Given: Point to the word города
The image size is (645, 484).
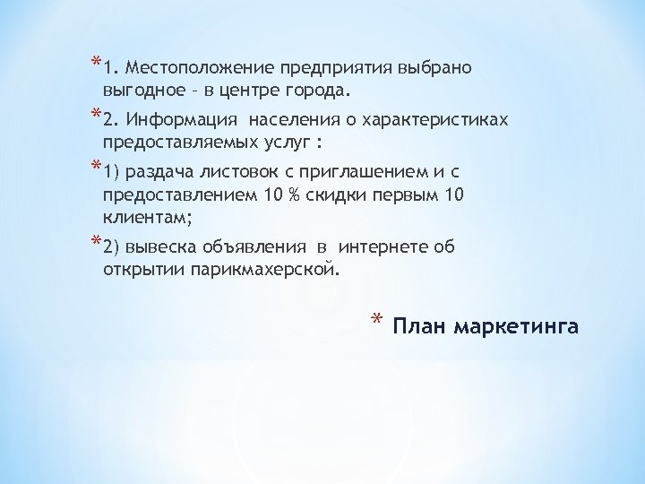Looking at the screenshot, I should [320, 91].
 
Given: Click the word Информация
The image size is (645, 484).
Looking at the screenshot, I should [182, 119].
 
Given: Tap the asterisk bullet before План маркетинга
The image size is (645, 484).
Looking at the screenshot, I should [377, 322].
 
